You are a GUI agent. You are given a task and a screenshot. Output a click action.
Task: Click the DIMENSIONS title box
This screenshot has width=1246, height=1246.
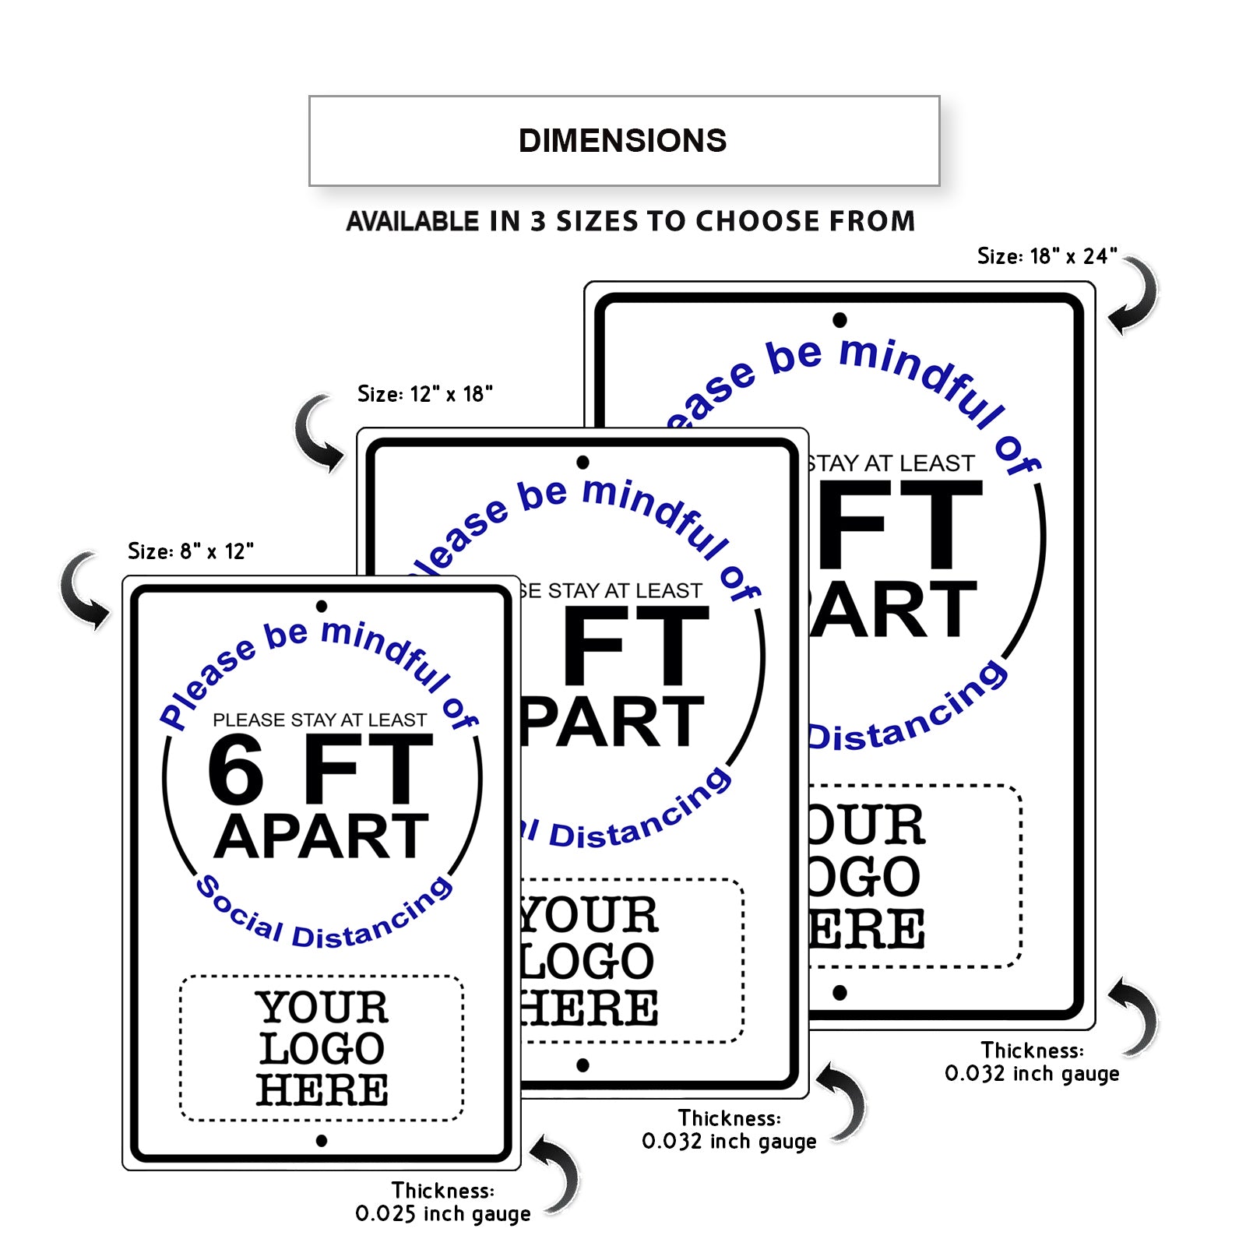(624, 141)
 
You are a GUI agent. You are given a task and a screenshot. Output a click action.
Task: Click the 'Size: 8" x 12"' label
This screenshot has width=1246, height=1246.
(191, 551)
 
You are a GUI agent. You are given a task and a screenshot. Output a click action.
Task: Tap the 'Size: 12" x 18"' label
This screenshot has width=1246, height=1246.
(425, 394)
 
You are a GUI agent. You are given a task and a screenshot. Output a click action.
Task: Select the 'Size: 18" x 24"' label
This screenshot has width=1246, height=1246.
(1047, 256)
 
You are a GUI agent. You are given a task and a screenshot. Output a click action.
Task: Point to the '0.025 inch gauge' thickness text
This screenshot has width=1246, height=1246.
(443, 1213)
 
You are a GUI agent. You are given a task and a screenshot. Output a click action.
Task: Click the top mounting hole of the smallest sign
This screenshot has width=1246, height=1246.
(322, 606)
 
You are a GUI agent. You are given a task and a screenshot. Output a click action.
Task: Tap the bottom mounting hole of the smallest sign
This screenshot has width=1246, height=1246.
(322, 1141)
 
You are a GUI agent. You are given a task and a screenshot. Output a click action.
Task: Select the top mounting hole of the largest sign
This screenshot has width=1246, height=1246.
(839, 320)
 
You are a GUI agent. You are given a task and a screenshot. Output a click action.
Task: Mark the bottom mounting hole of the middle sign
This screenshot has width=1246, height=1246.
(583, 1065)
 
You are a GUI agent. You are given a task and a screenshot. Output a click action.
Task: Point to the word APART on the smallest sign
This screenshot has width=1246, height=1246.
(322, 837)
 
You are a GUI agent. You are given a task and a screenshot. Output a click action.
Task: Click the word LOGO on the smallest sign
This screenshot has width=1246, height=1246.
(322, 1049)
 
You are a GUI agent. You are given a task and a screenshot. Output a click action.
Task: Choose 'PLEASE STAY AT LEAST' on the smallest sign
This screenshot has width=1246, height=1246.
(320, 720)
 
